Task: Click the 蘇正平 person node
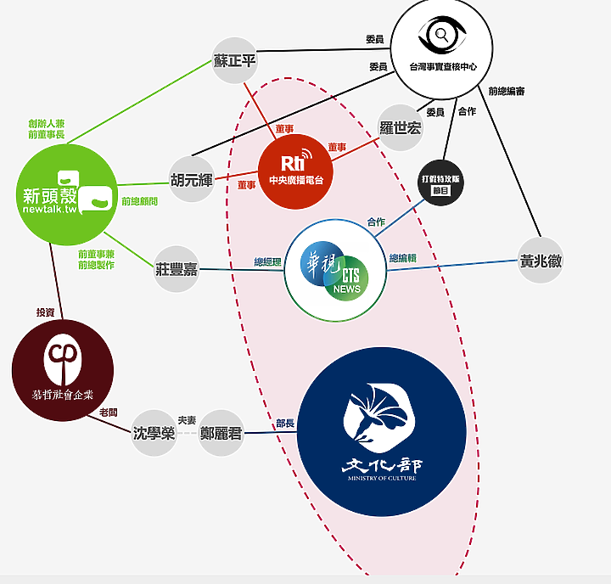pyautogui.click(x=234, y=60)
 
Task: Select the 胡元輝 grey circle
pyautogui.click(x=192, y=179)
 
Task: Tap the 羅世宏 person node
pyautogui.click(x=400, y=128)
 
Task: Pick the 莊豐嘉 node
pyautogui.click(x=177, y=268)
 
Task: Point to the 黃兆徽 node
pyautogui.click(x=541, y=261)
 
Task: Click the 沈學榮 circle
pyautogui.click(x=154, y=433)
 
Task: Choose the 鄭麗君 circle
pyautogui.click(x=221, y=433)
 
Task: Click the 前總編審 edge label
pyautogui.click(x=507, y=92)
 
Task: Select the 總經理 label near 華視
pyautogui.click(x=267, y=261)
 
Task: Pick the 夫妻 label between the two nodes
pyautogui.click(x=187, y=419)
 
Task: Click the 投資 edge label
pyautogui.click(x=45, y=312)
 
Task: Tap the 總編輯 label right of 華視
pyautogui.click(x=402, y=258)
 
